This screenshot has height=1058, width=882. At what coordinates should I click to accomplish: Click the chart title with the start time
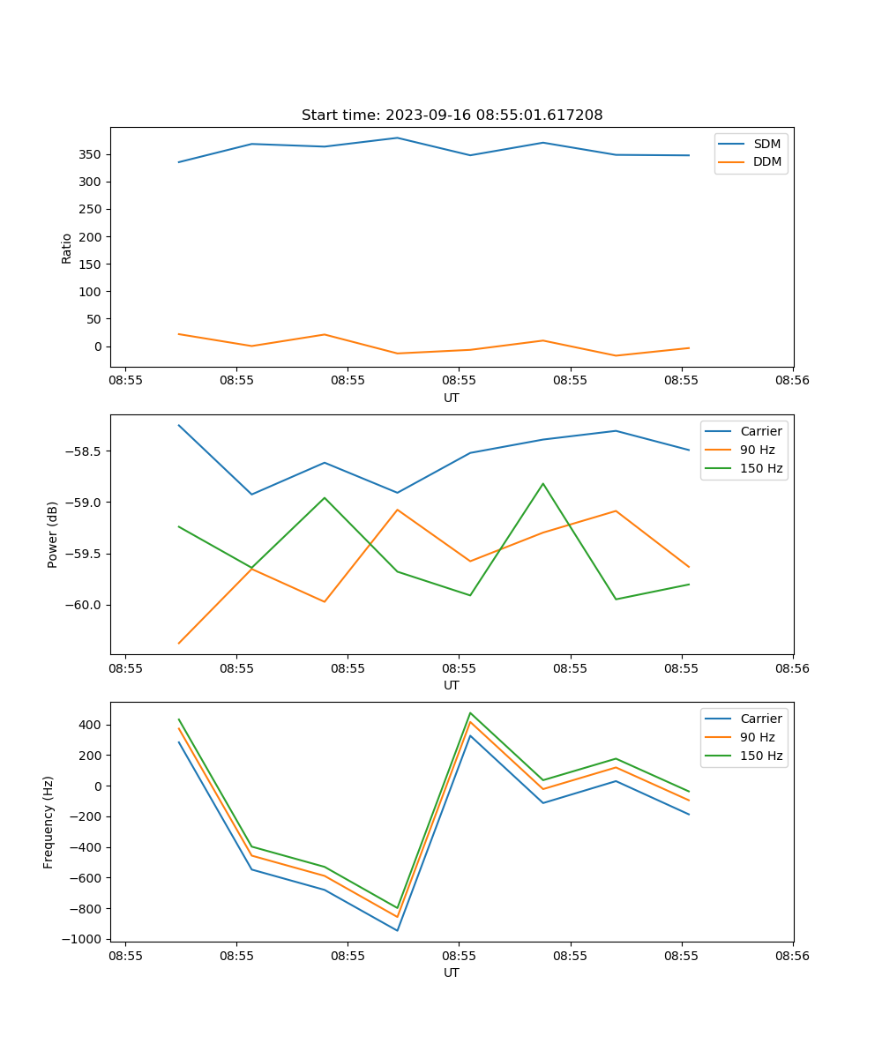(452, 115)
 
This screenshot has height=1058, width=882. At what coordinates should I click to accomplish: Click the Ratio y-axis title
(67, 248)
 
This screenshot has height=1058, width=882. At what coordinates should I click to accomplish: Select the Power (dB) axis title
(53, 534)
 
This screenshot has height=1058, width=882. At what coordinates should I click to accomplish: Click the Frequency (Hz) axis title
(49, 822)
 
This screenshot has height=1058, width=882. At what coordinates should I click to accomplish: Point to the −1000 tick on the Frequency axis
(81, 939)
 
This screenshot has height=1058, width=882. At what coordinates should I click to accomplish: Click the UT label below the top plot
(452, 398)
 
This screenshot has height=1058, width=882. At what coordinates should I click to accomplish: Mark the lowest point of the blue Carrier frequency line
(397, 930)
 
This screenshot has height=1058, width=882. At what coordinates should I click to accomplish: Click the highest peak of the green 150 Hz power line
(543, 483)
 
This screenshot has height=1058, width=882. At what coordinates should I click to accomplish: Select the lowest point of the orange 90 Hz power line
(179, 644)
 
